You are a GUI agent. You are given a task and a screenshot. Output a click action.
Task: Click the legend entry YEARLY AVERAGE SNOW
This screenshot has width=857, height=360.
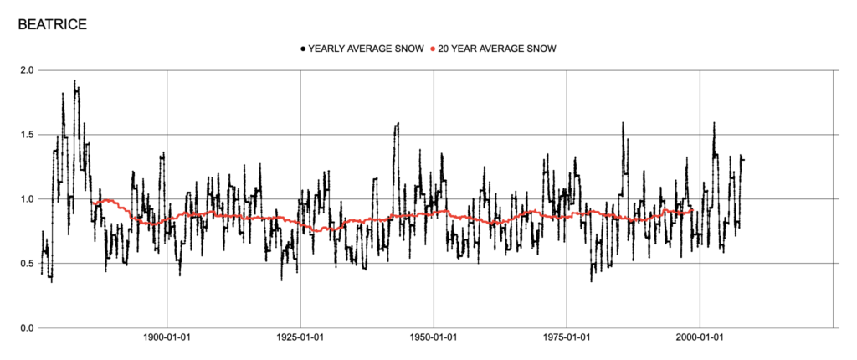coord(365,49)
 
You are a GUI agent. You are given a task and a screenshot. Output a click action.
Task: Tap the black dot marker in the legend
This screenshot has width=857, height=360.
coord(303,49)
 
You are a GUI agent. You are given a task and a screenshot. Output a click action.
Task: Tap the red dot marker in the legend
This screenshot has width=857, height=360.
coord(432,49)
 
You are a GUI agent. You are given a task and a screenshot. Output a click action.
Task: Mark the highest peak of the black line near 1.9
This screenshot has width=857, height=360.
coord(74,81)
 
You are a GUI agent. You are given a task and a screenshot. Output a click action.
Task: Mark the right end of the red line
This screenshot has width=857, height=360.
coord(691,209)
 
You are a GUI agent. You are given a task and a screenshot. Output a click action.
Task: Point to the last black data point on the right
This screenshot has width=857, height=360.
coord(743,159)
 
